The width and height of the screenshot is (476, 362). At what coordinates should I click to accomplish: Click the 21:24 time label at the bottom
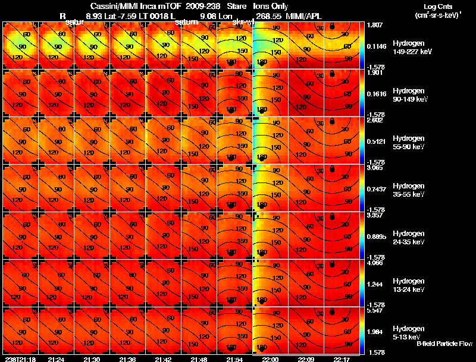(x=57, y=359)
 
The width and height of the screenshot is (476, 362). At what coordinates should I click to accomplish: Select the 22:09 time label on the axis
(x=307, y=359)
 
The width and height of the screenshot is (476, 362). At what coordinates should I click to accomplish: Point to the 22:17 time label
(x=343, y=359)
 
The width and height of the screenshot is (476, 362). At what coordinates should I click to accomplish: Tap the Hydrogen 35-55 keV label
(x=408, y=190)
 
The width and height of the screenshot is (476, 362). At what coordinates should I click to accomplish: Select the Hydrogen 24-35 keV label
(x=408, y=237)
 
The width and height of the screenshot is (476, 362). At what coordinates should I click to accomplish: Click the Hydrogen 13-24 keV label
(x=408, y=285)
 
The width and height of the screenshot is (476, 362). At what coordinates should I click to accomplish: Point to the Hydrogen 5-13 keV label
(x=406, y=332)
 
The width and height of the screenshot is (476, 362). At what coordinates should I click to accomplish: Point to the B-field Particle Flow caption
(x=444, y=344)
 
